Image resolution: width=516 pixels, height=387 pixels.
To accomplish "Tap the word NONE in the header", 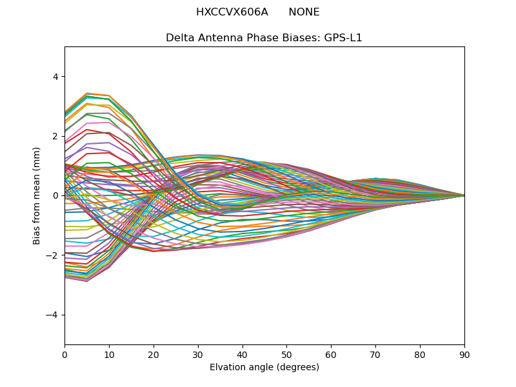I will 304,12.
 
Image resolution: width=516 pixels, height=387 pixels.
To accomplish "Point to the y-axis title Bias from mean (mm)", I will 37,195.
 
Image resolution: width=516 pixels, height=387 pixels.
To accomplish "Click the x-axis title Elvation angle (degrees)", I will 264,368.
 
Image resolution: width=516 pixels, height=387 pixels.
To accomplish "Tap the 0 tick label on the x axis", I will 64,354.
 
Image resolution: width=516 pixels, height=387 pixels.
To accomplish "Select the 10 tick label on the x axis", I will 109,354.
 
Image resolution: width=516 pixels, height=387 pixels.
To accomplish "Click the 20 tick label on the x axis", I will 154,354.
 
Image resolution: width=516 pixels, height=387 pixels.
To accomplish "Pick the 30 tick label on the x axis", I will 198,354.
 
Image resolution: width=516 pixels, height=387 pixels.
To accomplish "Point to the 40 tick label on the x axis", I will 243,354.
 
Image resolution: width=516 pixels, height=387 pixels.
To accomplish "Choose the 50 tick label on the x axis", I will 286,354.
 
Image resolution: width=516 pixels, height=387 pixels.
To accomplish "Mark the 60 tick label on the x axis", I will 331,354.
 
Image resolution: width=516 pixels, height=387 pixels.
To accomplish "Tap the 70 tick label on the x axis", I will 375,354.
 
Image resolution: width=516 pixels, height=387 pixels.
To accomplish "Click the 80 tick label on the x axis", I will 420,354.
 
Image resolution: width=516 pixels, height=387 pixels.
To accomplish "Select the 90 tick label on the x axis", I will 464,354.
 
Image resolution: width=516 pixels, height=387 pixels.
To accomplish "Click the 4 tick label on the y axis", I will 55,77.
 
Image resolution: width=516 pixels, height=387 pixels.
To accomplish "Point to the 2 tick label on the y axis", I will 55,136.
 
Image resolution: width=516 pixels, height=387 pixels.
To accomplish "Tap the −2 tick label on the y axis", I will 53,255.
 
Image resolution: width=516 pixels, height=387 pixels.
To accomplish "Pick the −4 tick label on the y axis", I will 53,315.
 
